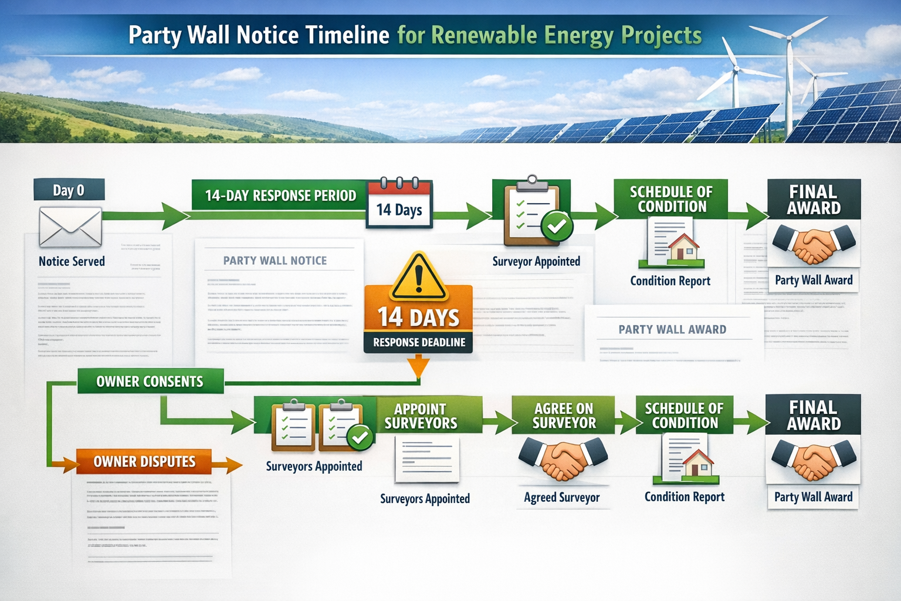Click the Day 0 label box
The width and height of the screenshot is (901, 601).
pyautogui.click(x=69, y=190)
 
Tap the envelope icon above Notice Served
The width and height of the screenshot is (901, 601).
pyautogui.click(x=70, y=227)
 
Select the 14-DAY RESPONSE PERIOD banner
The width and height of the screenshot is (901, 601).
pyautogui.click(x=280, y=195)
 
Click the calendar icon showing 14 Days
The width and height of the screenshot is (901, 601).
pyautogui.click(x=399, y=203)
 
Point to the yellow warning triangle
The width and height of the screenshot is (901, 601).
pyautogui.click(x=418, y=278)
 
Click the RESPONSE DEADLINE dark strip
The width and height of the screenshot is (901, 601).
pyautogui.click(x=418, y=342)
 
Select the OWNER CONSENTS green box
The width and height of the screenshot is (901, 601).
pyautogui.click(x=150, y=381)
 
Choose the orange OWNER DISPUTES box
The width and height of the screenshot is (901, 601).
pyautogui.click(x=144, y=462)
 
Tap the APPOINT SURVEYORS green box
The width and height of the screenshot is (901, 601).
pyautogui.click(x=421, y=416)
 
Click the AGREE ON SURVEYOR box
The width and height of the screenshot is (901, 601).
pyautogui.click(x=564, y=416)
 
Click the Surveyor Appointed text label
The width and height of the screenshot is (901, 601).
pyautogui.click(x=536, y=262)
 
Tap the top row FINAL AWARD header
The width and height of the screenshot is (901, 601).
pyautogui.click(x=814, y=200)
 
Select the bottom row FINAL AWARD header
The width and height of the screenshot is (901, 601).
pyautogui.click(x=813, y=415)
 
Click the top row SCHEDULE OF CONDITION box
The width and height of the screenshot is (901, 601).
pyautogui.click(x=671, y=199)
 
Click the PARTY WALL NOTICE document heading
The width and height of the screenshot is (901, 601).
pyautogui.click(x=275, y=261)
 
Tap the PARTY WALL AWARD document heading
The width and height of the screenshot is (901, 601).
pyautogui.click(x=672, y=330)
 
